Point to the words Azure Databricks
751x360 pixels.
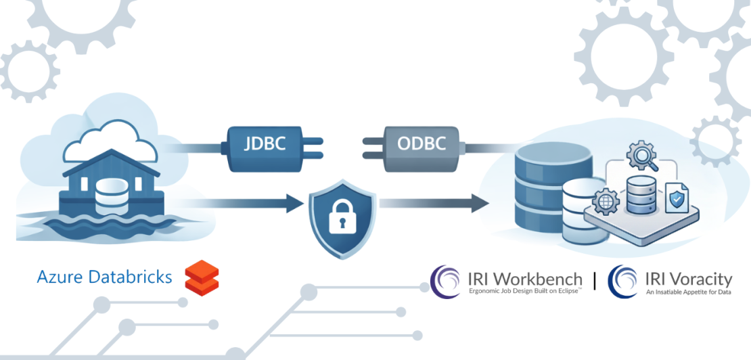coord(105,277)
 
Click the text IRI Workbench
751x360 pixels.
coord(524,279)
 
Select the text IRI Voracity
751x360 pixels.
coord(688,279)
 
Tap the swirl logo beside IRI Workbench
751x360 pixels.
coord(446,281)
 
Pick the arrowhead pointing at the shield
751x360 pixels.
coord(292,201)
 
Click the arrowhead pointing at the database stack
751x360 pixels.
coord(480,201)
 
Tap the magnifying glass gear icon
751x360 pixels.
coord(638,156)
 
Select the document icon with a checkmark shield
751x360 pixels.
coord(676,198)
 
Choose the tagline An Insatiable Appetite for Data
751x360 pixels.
coord(687,292)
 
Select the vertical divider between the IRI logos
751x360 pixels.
coord(594,281)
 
